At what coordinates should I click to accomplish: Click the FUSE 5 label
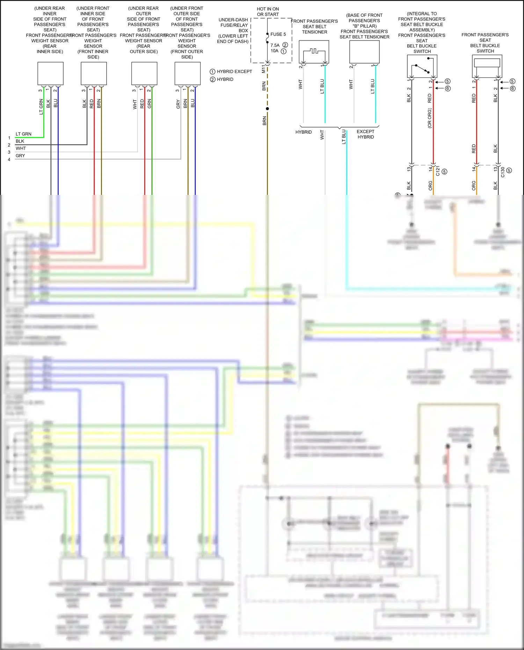click(x=278, y=34)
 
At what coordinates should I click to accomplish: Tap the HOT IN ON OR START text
click(x=268, y=12)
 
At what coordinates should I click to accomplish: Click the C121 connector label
click(x=438, y=171)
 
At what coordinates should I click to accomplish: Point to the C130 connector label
click(x=503, y=172)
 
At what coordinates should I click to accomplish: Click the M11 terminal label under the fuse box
click(x=263, y=69)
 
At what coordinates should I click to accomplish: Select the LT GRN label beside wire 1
click(x=23, y=134)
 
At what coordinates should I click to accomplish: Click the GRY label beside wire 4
click(x=20, y=156)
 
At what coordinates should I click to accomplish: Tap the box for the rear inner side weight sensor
click(x=50, y=73)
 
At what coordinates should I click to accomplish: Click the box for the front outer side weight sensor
click(x=188, y=73)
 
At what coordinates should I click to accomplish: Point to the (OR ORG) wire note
click(x=430, y=118)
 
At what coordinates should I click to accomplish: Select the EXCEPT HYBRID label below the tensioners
click(x=365, y=134)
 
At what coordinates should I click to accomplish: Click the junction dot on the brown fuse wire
click(x=268, y=109)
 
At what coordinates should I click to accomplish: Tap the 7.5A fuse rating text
click(x=275, y=45)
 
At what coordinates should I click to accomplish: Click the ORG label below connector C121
click(x=430, y=185)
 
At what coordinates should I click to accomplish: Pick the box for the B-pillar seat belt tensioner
click(x=364, y=52)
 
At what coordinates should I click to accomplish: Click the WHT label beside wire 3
click(x=21, y=148)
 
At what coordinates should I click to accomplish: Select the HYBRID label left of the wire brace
click(x=303, y=132)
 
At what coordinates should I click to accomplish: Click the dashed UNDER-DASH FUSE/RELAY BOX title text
click(x=233, y=30)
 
